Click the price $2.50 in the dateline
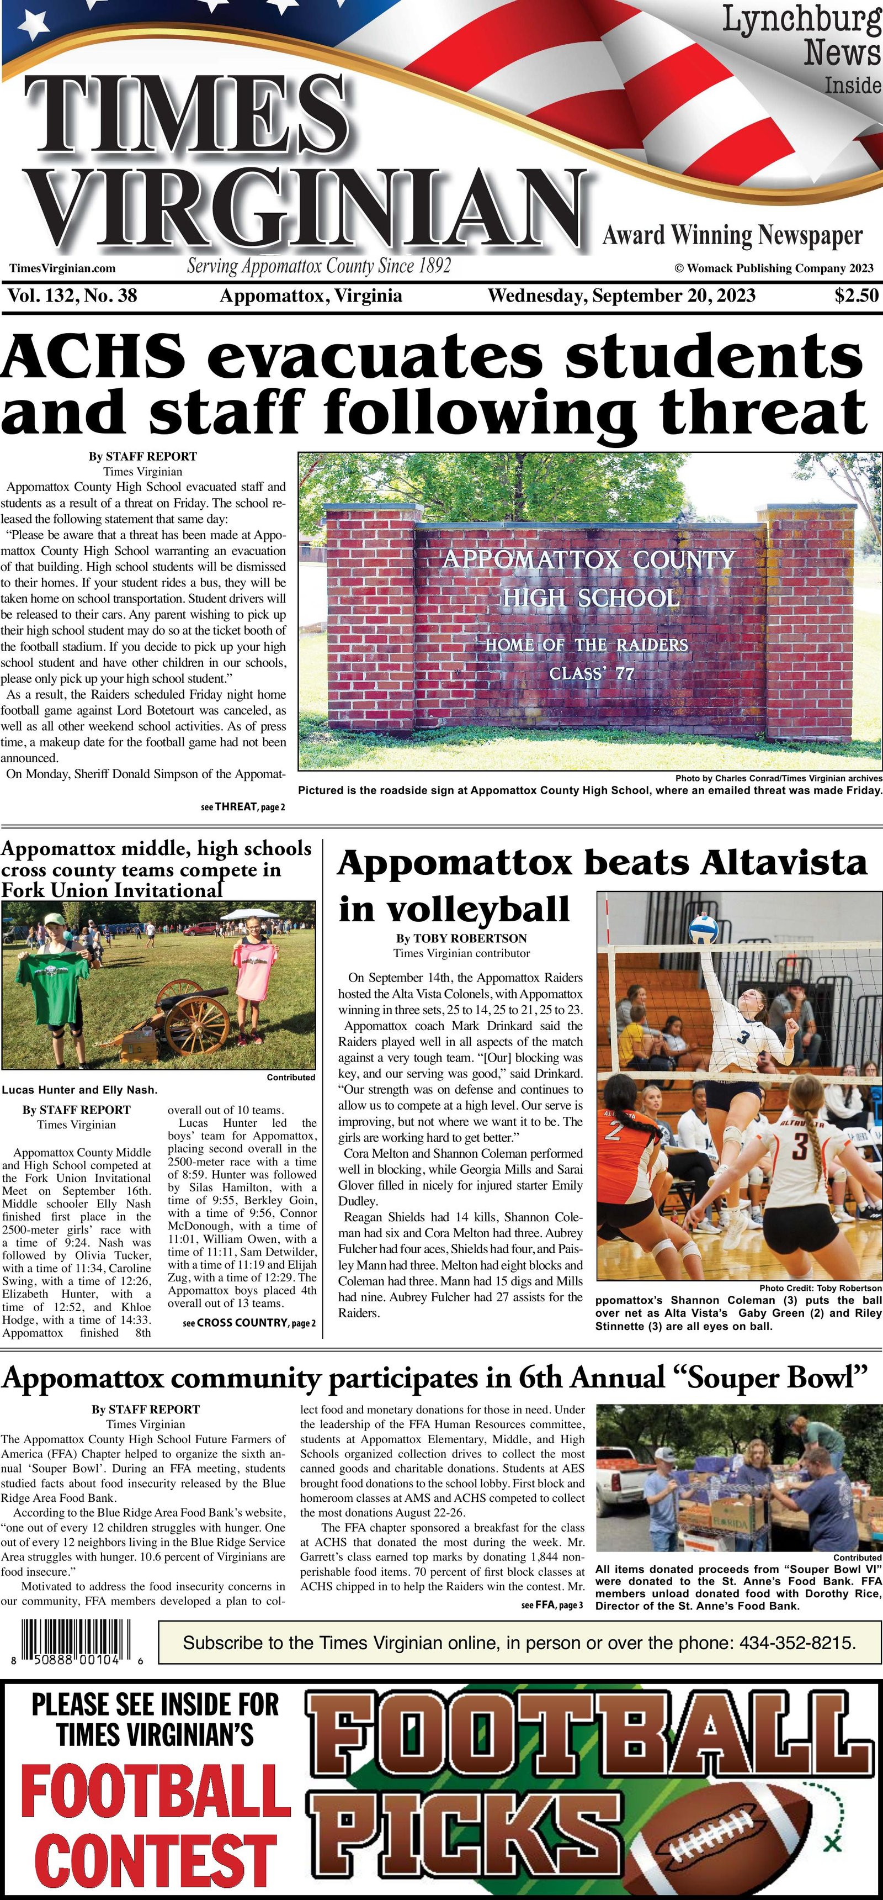(x=857, y=295)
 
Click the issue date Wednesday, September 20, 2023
(x=621, y=295)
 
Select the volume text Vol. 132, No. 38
(x=72, y=295)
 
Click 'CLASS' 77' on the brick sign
(x=591, y=673)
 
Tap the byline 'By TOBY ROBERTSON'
(x=461, y=938)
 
